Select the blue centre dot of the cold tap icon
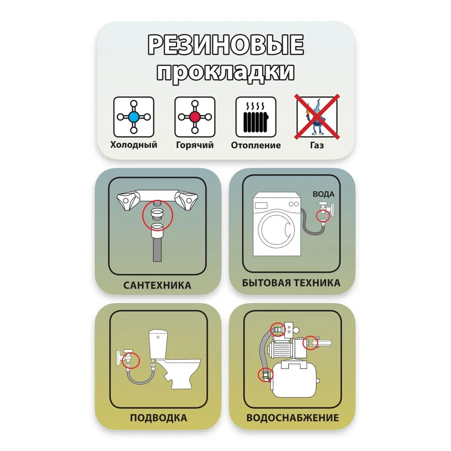(x=134, y=117)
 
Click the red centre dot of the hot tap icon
(x=195, y=117)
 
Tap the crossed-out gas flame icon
(x=317, y=117)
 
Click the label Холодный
(x=134, y=145)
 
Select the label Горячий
(x=195, y=145)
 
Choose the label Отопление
(x=256, y=145)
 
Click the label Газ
(x=317, y=145)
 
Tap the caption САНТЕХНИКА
(x=157, y=285)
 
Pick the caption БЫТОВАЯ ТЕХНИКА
(x=291, y=283)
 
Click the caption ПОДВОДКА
(x=158, y=418)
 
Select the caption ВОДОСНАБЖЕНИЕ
(x=293, y=418)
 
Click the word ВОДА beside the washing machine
(x=323, y=194)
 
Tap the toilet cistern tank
(x=158, y=344)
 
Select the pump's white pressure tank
(x=294, y=380)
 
